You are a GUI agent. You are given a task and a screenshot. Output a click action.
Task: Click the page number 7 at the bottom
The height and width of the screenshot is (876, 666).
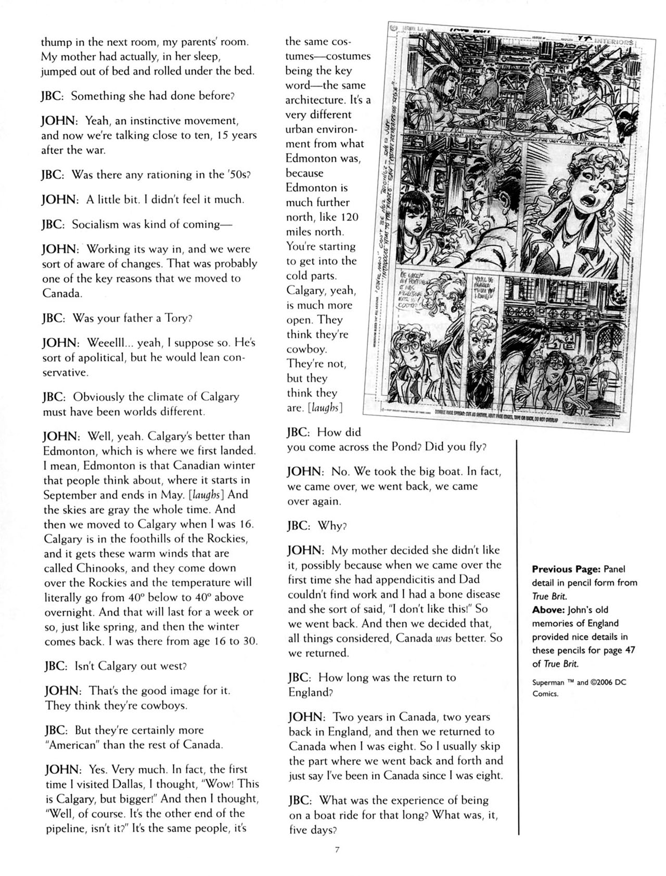[337, 849]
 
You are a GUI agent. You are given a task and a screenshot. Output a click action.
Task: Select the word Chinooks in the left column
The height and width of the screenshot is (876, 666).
[101, 568]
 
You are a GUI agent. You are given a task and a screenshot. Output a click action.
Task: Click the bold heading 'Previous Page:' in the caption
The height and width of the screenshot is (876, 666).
[566, 569]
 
